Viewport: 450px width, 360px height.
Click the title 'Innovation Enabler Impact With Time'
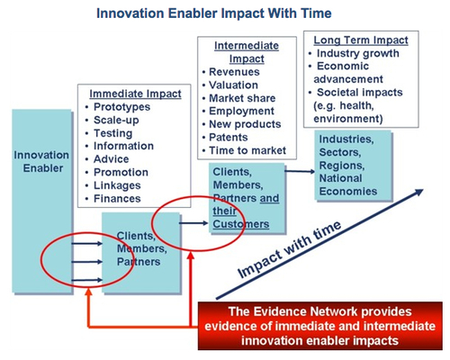click(214, 13)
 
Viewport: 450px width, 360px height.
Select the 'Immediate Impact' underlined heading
click(135, 94)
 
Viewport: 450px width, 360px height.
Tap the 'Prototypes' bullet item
click(121, 107)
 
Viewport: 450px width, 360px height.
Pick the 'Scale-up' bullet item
click(116, 121)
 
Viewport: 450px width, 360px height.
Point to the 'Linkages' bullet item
click(117, 185)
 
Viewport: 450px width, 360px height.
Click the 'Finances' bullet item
click(117, 199)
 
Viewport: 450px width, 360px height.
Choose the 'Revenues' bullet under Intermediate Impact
click(234, 72)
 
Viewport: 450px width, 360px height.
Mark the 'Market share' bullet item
click(242, 98)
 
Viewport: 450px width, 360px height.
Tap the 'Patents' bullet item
click(229, 138)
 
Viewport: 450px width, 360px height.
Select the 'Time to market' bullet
click(247, 150)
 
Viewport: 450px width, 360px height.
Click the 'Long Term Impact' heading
click(361, 40)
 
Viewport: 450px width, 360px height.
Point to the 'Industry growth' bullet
click(358, 53)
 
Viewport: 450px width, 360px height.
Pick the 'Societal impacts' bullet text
click(360, 93)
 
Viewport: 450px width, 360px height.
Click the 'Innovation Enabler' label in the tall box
click(41, 162)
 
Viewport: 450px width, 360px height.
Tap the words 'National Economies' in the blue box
click(348, 184)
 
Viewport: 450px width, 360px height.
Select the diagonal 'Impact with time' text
click(290, 249)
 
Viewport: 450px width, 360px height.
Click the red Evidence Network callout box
click(320, 326)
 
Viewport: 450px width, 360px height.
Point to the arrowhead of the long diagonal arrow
click(419, 192)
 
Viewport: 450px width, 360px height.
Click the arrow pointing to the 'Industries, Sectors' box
click(300, 171)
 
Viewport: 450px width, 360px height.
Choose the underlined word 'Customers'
click(241, 224)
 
